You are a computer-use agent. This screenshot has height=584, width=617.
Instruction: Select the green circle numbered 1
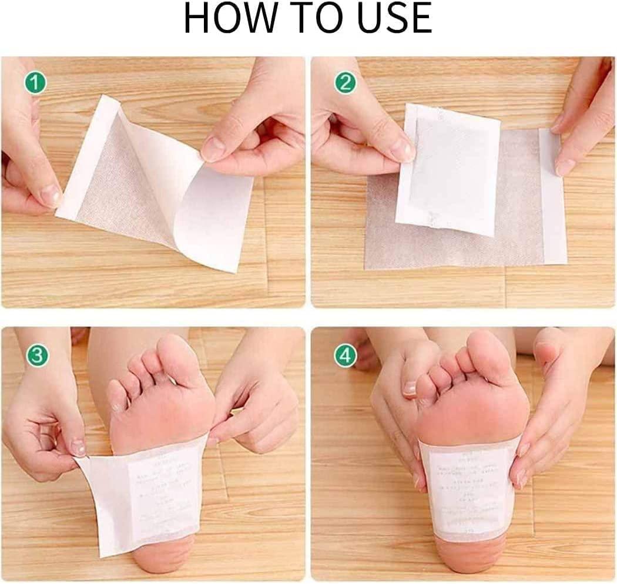point(35,83)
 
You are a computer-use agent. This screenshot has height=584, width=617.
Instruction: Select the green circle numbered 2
point(345,83)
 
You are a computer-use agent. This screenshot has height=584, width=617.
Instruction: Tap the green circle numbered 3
point(35,355)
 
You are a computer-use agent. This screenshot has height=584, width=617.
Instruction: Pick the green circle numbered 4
point(345,355)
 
